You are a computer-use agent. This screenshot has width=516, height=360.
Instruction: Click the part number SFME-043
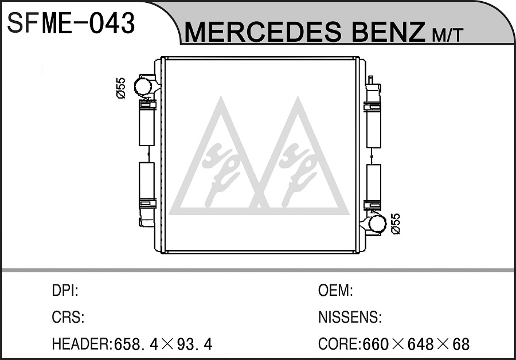pyautogui.click(x=71, y=23)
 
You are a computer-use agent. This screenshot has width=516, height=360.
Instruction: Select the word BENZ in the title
pyautogui.click(x=386, y=32)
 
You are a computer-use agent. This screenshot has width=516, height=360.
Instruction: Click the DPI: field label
pyautogui.click(x=65, y=291)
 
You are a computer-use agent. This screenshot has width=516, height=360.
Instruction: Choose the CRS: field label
pyautogui.click(x=68, y=317)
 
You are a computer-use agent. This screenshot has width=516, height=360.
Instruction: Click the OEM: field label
pyautogui.click(x=335, y=291)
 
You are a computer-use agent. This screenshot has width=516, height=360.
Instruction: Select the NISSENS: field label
pyautogui.click(x=350, y=317)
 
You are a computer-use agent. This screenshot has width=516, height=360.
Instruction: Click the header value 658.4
pyautogui.click(x=135, y=344)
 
